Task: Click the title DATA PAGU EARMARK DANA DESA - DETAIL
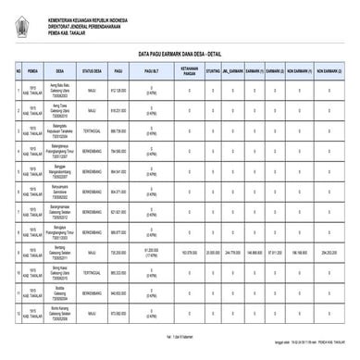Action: (180, 53)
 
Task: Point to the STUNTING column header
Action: (213, 69)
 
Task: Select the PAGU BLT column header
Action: (151, 69)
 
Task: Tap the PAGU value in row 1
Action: (118, 91)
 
